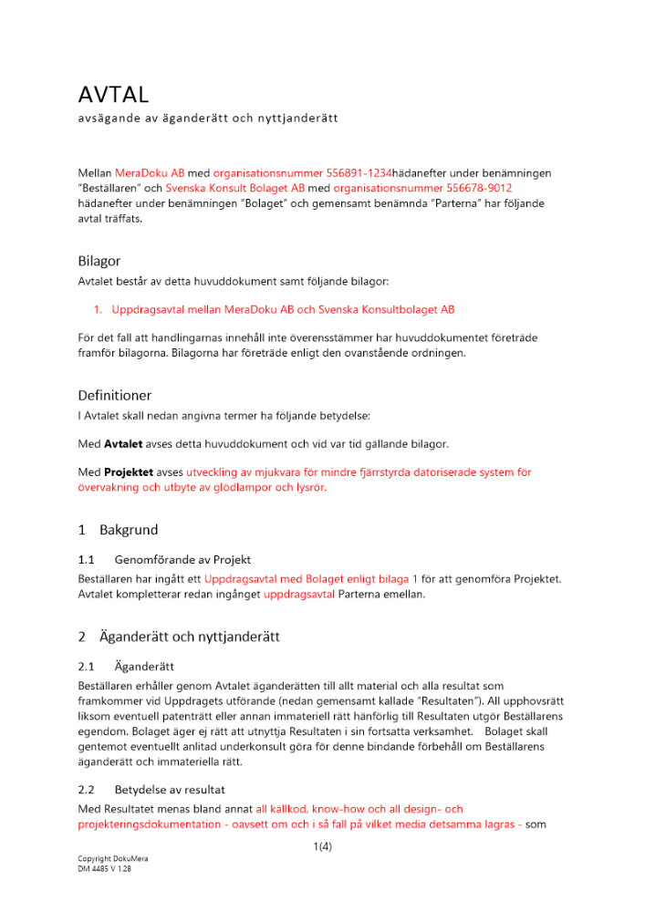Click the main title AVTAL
coord(113,95)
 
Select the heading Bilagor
coord(99,261)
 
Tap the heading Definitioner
coord(115,395)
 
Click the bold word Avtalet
coord(124,444)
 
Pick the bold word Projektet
coord(129,472)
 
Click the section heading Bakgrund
coord(128,530)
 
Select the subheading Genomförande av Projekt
coord(182,559)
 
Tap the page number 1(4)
coord(322,846)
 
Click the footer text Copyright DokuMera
coord(112,859)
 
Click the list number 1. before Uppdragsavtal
coord(100,310)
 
